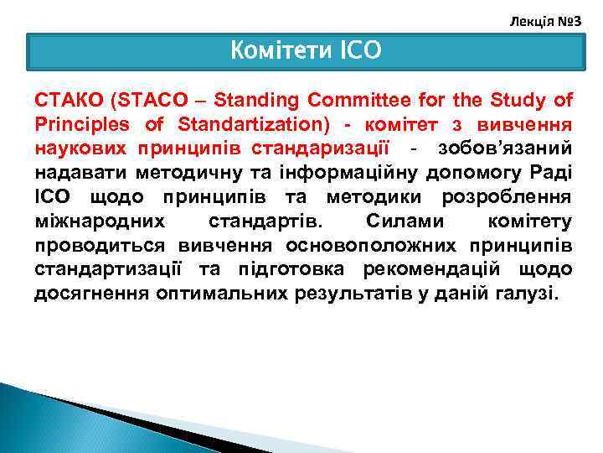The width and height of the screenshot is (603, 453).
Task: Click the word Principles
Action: coord(76,125)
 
